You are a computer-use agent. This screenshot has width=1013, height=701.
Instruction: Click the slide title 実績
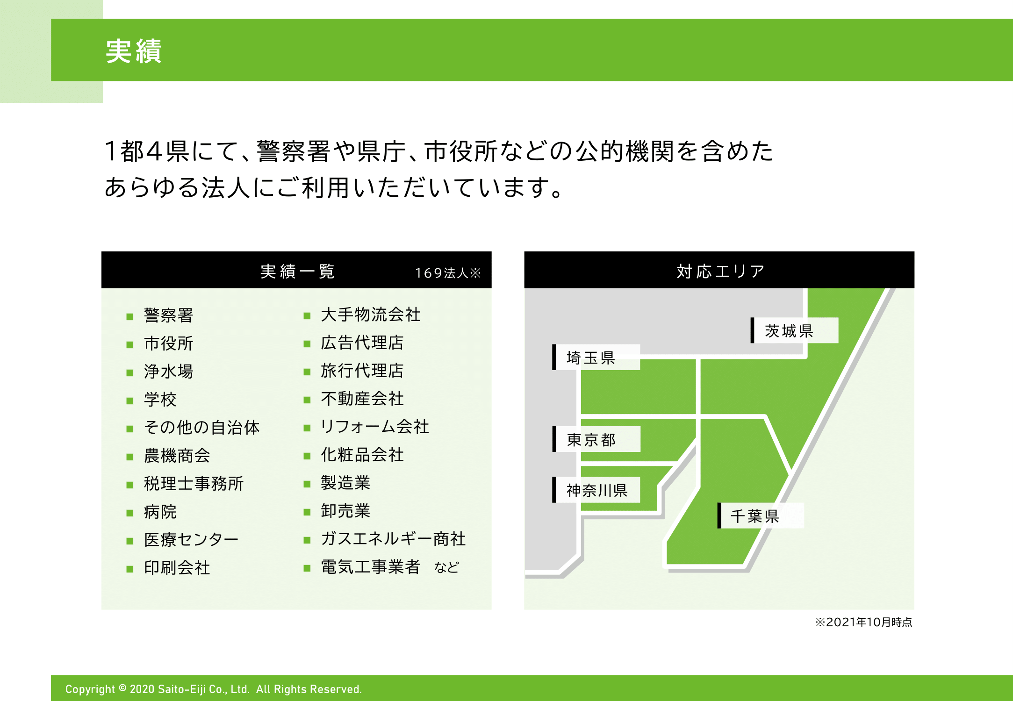pyautogui.click(x=134, y=51)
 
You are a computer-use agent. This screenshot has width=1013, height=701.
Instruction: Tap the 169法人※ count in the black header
pyautogui.click(x=448, y=273)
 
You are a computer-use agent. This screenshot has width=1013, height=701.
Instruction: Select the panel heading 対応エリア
pyautogui.click(x=720, y=271)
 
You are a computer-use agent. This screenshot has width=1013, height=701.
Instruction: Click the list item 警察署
pyautogui.click(x=169, y=315)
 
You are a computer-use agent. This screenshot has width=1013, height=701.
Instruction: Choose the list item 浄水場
pyautogui.click(x=169, y=372)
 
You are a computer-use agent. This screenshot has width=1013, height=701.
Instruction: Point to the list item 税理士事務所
pyautogui.click(x=194, y=484)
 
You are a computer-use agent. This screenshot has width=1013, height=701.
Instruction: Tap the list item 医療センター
pyautogui.click(x=191, y=540)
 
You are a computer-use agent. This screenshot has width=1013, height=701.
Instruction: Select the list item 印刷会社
pyautogui.click(x=177, y=568)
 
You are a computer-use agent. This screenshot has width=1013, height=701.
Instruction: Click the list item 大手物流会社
pyautogui.click(x=371, y=315)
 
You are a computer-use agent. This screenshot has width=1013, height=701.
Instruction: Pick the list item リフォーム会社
pyautogui.click(x=375, y=427)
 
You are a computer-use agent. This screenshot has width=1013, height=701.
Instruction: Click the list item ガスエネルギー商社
pyautogui.click(x=393, y=539)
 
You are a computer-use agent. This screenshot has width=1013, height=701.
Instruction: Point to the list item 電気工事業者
pyautogui.click(x=371, y=567)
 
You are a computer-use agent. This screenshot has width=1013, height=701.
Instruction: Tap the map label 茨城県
pyautogui.click(x=789, y=331)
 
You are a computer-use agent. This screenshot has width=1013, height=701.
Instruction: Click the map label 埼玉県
pyautogui.click(x=591, y=358)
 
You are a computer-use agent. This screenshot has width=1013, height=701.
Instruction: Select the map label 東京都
pyautogui.click(x=591, y=440)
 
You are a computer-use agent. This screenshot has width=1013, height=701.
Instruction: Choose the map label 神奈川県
pyautogui.click(x=597, y=490)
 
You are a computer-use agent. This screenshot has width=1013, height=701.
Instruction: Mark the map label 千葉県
pyautogui.click(x=755, y=516)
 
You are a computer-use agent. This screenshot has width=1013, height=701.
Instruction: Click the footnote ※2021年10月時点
pyautogui.click(x=864, y=622)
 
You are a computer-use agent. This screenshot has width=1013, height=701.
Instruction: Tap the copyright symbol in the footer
pyautogui.click(x=122, y=688)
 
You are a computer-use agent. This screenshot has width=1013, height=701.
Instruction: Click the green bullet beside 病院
pyautogui.click(x=130, y=513)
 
